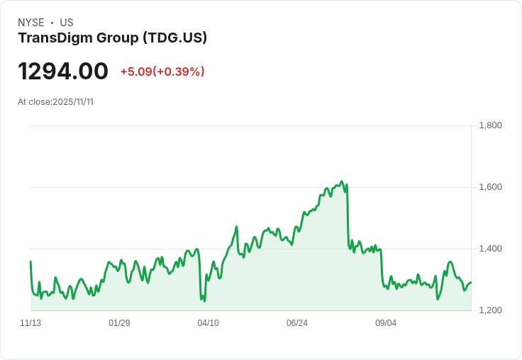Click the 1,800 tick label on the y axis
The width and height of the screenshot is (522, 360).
(x=490, y=125)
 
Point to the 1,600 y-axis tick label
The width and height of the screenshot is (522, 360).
(x=490, y=187)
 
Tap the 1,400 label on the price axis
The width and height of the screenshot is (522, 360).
(x=490, y=249)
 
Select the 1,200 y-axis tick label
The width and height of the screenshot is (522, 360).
(x=490, y=310)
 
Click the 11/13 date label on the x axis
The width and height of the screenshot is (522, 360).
(x=30, y=323)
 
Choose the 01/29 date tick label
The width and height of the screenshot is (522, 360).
(x=119, y=323)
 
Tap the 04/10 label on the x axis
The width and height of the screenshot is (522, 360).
(x=208, y=323)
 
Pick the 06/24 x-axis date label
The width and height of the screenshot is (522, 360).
(x=297, y=323)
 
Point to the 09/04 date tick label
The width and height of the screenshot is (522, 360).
(x=386, y=323)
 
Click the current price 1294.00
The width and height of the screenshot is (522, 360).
(x=63, y=71)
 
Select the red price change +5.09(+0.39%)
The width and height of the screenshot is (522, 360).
(x=162, y=72)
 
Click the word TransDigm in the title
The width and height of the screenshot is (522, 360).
(x=55, y=38)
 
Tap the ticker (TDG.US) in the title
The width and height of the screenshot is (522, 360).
(x=175, y=38)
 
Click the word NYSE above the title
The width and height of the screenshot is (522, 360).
(x=31, y=23)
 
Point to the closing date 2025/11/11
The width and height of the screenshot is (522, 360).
(x=73, y=102)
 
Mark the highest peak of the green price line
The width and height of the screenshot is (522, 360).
(x=341, y=181)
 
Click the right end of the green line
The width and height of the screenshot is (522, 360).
(x=471, y=283)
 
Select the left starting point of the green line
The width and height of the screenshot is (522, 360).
(x=30, y=261)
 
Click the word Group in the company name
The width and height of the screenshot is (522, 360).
(x=118, y=38)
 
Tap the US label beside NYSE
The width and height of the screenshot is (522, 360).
(x=67, y=23)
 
